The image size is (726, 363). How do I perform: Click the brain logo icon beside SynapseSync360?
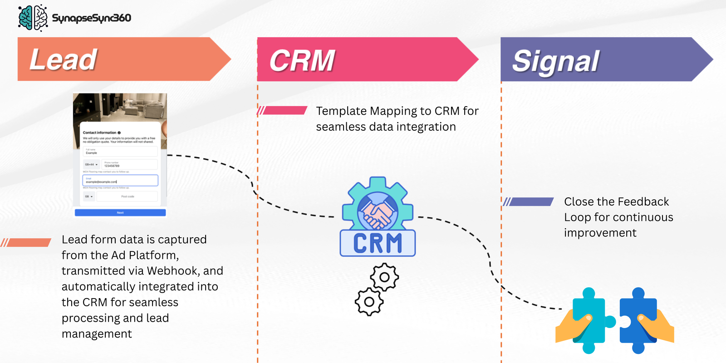[33, 18]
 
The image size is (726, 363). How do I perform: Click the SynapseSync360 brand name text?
[92, 18]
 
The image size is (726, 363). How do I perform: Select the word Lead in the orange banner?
[63, 59]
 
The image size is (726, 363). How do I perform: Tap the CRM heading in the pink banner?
[302, 61]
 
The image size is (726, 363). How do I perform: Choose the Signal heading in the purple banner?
[556, 61]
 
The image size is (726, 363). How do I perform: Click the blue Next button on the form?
[120, 212]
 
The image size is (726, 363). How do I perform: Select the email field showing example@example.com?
[120, 181]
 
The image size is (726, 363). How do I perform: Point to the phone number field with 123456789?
[130, 164]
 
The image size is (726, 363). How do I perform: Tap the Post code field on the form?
[127, 196]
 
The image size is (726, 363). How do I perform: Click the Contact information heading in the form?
[100, 132]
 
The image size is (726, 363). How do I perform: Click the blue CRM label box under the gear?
[378, 243]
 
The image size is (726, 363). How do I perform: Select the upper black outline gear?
[384, 277]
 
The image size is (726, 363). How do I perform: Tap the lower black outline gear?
[369, 302]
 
